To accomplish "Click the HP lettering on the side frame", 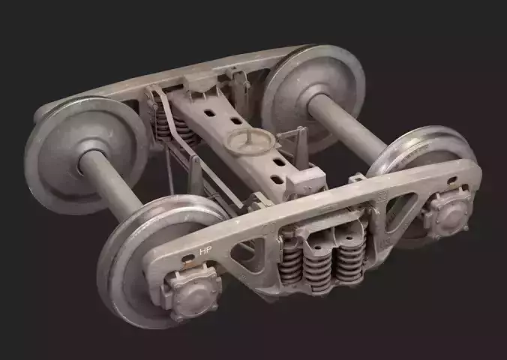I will [x=204, y=250].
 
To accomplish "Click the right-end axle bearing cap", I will [x=448, y=214].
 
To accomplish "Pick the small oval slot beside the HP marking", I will [x=184, y=263].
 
